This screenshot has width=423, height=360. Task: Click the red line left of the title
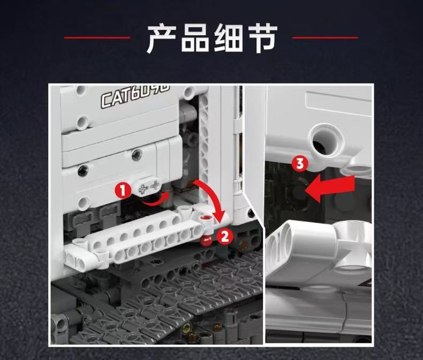pos(97,37)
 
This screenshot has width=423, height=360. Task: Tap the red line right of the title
pos(326,37)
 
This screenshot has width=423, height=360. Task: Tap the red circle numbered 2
pos(225,235)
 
